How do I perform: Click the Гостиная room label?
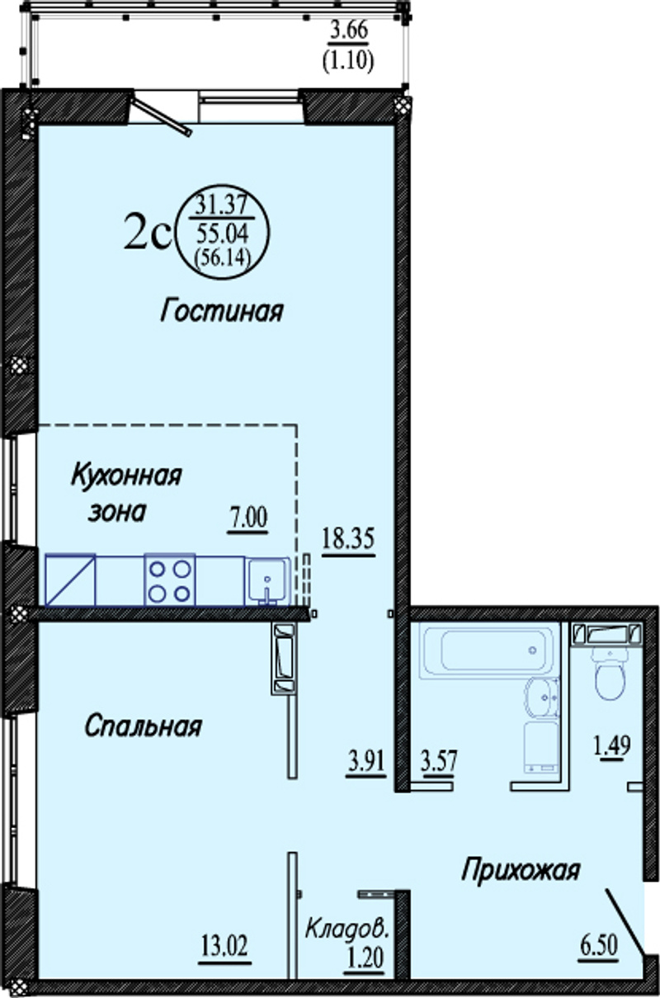pyautogui.click(x=221, y=311)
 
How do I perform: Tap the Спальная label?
pyautogui.click(x=144, y=726)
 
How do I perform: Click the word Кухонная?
pyautogui.click(x=126, y=475)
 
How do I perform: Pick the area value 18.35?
pyautogui.click(x=349, y=539)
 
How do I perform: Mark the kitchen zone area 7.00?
pyautogui.click(x=248, y=518)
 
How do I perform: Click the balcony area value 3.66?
pyautogui.click(x=349, y=31)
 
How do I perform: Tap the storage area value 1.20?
pyautogui.click(x=365, y=955)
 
